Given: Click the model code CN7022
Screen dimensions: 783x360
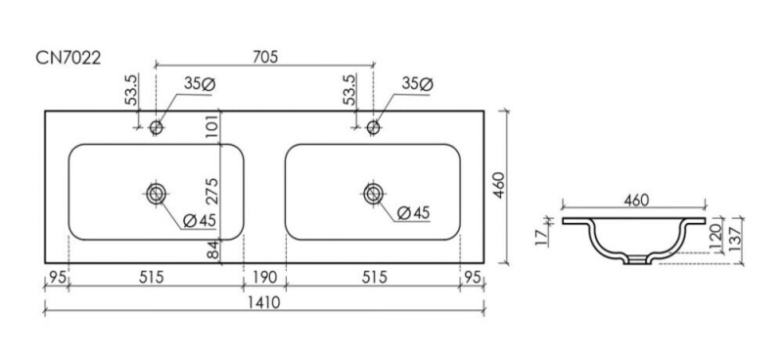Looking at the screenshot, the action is (68, 58).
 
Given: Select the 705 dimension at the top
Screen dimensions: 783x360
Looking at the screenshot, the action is (264, 57).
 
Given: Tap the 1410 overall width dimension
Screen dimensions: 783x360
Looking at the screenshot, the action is (264, 302).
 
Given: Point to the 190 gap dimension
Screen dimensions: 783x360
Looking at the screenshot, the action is (264, 277).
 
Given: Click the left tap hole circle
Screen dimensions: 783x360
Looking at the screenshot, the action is (157, 128).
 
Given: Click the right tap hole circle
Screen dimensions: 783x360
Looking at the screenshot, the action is (374, 128).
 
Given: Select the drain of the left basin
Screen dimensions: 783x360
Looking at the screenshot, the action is (157, 194).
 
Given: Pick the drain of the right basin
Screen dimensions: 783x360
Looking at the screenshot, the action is (374, 194).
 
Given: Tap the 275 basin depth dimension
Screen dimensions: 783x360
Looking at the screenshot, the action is (211, 191).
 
